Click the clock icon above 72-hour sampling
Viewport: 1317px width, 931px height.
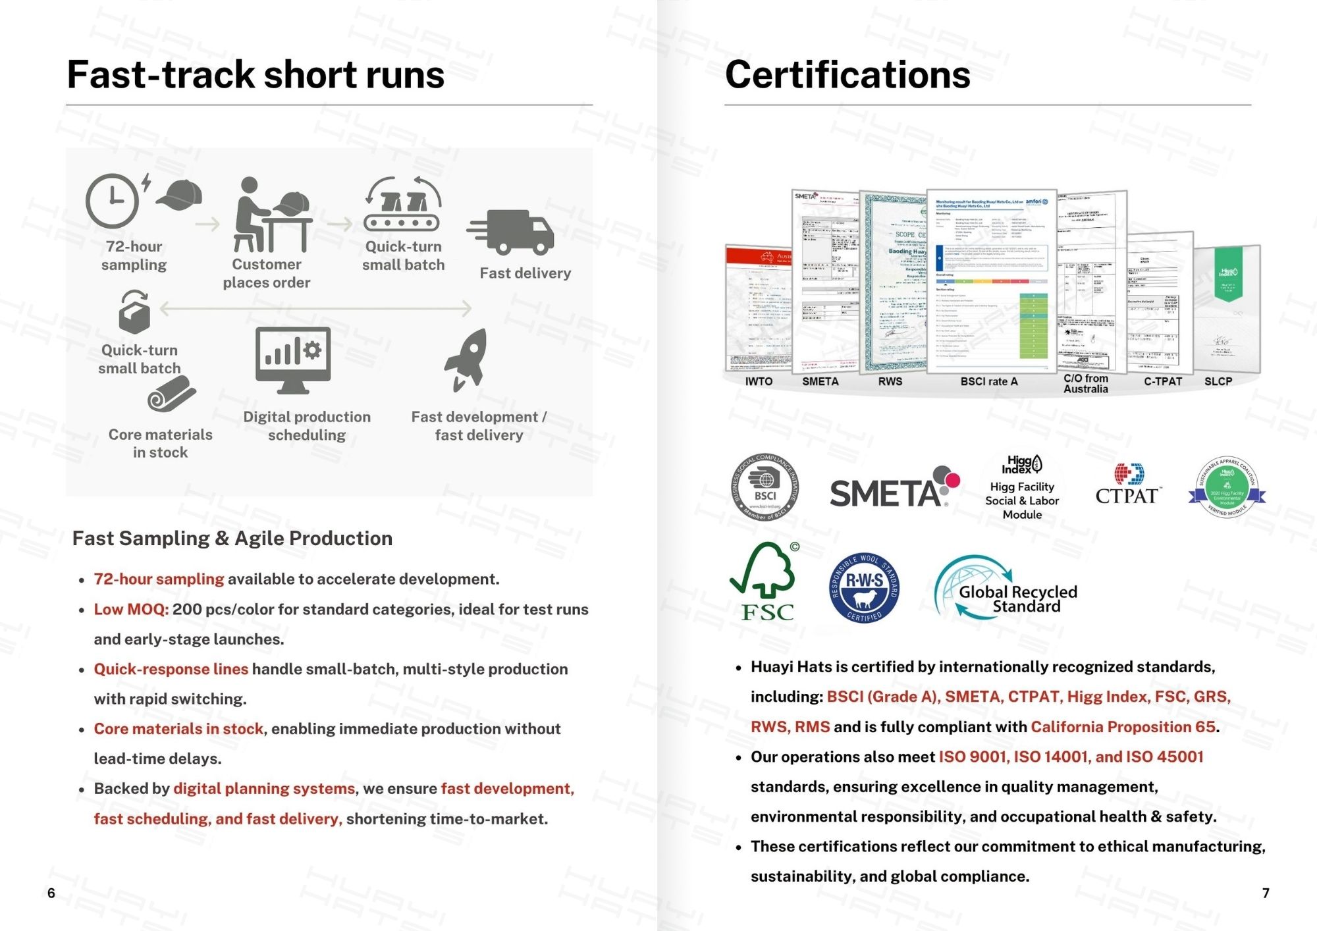[113, 200]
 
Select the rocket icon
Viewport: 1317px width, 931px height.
[467, 359]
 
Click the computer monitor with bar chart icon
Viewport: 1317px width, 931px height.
[293, 359]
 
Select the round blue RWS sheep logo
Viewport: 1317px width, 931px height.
[864, 587]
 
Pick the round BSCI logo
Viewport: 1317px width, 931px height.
[765, 488]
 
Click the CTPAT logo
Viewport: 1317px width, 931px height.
[1128, 486]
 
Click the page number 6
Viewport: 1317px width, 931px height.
[51, 893]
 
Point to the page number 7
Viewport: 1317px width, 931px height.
[1265, 893]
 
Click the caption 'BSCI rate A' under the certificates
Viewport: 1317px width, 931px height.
[988, 381]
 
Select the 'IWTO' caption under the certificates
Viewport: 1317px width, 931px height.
[759, 381]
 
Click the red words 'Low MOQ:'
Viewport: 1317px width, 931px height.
[131, 609]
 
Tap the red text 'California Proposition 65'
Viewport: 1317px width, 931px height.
[1123, 726]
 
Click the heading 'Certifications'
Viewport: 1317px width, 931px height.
[847, 75]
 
